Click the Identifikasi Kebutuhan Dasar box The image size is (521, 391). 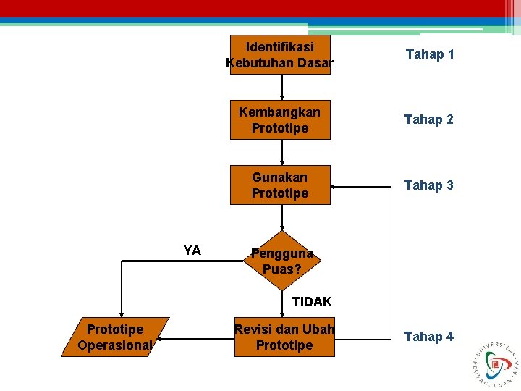(280, 54)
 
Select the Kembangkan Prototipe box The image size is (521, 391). (280, 119)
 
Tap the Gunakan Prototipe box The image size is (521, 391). (280, 185)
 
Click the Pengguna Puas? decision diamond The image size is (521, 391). (281, 261)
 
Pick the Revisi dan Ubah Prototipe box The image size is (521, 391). (284, 337)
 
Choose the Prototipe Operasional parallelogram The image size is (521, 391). (115, 337)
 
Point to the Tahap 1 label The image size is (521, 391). (430, 54)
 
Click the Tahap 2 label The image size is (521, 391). (429, 119)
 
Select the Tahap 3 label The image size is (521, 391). (429, 185)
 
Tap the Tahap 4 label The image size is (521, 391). (429, 337)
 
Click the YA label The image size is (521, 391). (192, 251)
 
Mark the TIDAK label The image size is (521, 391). (312, 301)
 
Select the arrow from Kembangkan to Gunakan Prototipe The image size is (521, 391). (282, 152)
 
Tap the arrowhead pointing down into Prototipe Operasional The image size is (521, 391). (121, 311)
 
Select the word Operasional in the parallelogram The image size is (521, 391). (115, 345)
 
